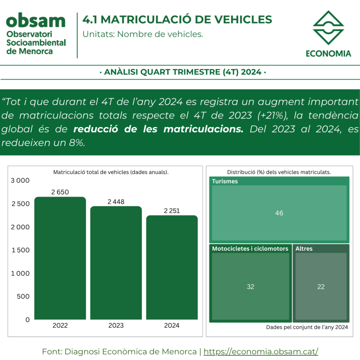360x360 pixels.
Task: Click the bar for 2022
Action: click(x=60, y=258)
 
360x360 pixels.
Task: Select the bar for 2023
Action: click(x=116, y=263)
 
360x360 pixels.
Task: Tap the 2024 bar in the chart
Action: click(x=172, y=268)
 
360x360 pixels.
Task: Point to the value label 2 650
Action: click(x=60, y=192)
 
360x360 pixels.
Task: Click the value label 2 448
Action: click(x=116, y=201)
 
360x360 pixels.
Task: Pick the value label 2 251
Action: click(x=172, y=211)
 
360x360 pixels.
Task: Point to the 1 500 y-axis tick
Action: click(x=21, y=250)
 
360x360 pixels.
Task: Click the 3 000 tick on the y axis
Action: click(x=20, y=180)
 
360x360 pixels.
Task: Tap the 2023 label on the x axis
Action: click(x=116, y=325)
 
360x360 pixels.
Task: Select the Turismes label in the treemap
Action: click(x=225, y=181)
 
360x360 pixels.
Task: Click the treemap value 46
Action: click(x=279, y=213)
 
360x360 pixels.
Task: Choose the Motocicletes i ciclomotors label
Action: click(x=250, y=249)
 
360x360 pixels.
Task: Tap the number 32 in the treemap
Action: click(x=250, y=287)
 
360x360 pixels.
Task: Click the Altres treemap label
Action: click(x=304, y=249)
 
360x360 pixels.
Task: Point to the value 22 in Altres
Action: click(x=321, y=287)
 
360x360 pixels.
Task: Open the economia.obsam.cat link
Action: click(x=261, y=352)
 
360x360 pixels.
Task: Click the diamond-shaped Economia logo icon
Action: click(x=328, y=27)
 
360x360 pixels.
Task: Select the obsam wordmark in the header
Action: click(x=36, y=20)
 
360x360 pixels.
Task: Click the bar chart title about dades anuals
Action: click(x=111, y=172)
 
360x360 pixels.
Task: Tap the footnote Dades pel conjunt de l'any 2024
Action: click(x=307, y=327)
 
